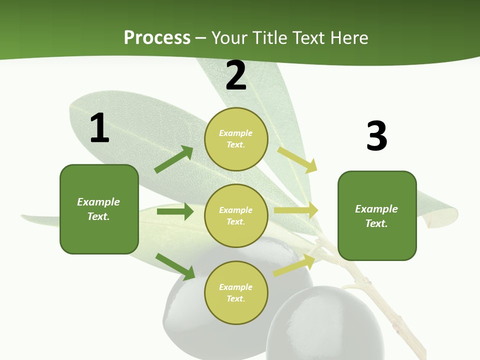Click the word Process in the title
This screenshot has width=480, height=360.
[157, 37]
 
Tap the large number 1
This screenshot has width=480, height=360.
[99, 128]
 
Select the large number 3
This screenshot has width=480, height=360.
[376, 136]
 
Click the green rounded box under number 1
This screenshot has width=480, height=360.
[99, 209]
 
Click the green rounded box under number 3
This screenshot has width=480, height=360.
[377, 215]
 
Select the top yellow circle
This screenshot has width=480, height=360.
[236, 139]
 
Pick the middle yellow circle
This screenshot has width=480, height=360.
[236, 215]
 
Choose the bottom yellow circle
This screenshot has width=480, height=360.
[236, 292]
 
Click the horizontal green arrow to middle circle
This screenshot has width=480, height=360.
[175, 211]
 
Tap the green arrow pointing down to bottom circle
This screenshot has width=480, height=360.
[175, 266]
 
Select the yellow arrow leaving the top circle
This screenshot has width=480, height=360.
[297, 159]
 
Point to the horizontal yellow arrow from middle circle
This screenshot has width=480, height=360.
[296, 210]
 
